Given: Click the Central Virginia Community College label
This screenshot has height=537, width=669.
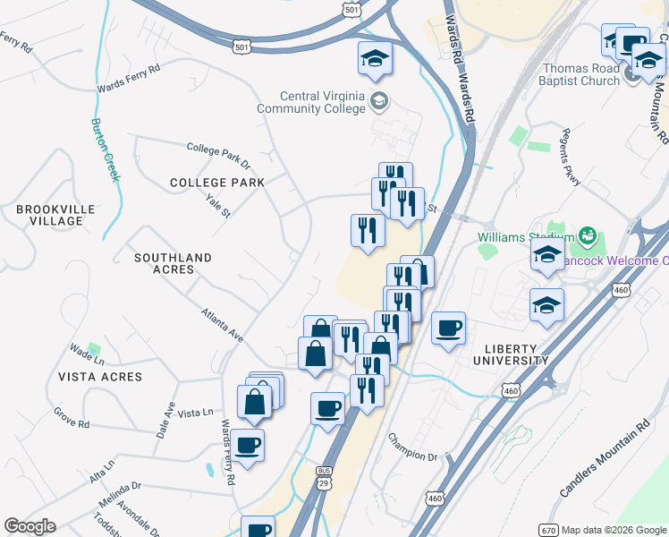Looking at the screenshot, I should [x=322, y=102].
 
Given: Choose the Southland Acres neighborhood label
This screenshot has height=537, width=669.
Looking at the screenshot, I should [x=173, y=263].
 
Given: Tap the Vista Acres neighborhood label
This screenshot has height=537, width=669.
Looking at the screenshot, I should [x=100, y=377].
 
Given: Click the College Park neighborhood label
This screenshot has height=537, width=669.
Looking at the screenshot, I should [x=217, y=182].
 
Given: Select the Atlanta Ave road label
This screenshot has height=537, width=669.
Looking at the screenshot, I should [x=223, y=326].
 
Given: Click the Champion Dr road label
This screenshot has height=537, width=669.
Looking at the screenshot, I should [x=412, y=447].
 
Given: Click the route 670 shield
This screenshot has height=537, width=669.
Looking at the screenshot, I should [x=548, y=529].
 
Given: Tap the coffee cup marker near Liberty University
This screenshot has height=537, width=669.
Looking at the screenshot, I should [x=449, y=328].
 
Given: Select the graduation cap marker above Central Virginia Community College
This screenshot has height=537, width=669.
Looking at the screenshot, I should [x=375, y=59].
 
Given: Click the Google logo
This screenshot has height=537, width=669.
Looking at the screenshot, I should [x=30, y=526].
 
